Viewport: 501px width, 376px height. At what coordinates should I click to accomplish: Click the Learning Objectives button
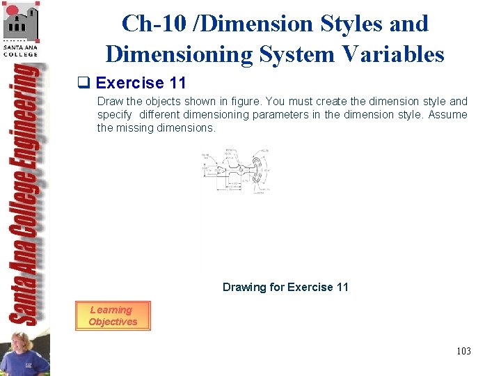point(113,315)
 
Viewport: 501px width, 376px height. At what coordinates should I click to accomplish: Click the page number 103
point(463,351)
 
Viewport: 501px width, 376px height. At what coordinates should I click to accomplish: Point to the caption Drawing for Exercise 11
point(285,287)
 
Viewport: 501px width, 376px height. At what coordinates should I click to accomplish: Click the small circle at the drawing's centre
point(241,170)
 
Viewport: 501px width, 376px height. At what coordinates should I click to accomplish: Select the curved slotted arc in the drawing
point(259,171)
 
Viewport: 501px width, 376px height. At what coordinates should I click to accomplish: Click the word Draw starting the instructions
point(109,102)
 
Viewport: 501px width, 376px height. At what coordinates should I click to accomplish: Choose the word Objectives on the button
point(113,322)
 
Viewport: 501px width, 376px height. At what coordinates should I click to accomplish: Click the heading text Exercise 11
point(141,84)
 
